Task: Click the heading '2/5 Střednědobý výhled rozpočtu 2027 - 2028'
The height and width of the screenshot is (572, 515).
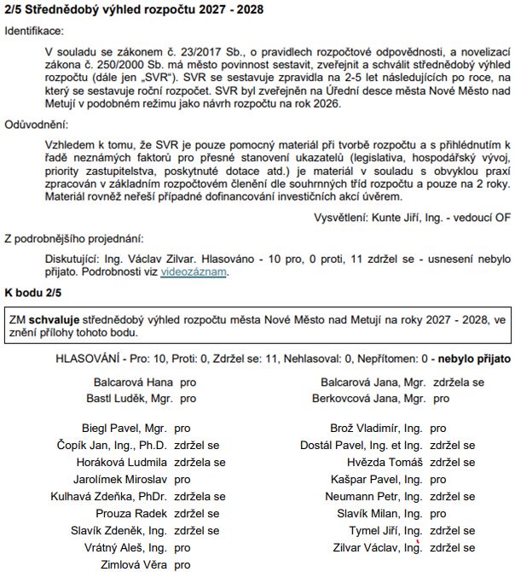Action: pyautogui.click(x=134, y=10)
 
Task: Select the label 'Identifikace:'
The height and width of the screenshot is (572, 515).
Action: pyautogui.click(x=34, y=31)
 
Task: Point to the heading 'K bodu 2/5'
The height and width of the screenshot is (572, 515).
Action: pyautogui.click(x=33, y=293)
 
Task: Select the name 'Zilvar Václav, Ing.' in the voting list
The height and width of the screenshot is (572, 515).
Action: pyautogui.click(x=380, y=547)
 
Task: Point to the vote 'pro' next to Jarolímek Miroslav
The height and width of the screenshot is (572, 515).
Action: pyautogui.click(x=182, y=480)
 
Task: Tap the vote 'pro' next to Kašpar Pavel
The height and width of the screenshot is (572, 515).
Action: pyautogui.click(x=438, y=480)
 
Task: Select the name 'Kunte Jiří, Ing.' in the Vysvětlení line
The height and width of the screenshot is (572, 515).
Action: pyautogui.click(x=401, y=217)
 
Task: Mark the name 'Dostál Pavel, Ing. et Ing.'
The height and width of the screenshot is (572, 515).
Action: pyautogui.click(x=362, y=445)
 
